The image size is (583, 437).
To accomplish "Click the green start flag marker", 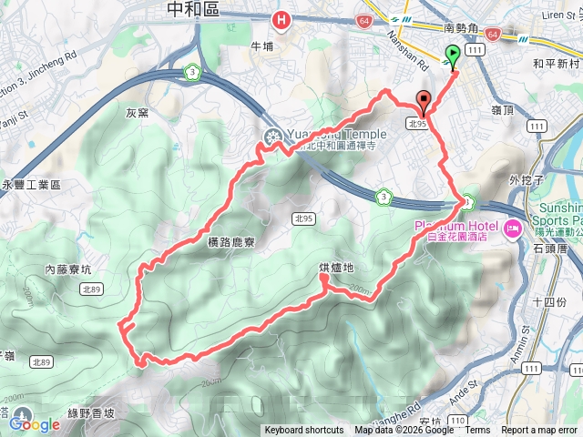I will pyautogui.click(x=453, y=56).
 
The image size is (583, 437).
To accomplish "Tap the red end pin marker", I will pyautogui.click(x=423, y=102).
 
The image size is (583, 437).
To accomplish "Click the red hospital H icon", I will pyautogui.click(x=282, y=18).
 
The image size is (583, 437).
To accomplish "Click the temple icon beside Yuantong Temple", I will pyautogui.click(x=271, y=137).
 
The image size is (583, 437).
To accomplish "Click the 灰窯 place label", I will pyautogui.click(x=138, y=114).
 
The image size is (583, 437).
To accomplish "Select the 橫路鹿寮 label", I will pyautogui.click(x=222, y=244).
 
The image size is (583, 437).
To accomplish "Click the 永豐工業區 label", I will pyautogui.click(x=31, y=185).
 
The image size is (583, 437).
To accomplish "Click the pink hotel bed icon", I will pyautogui.click(x=512, y=226).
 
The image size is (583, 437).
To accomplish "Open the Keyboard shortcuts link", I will pyautogui.click(x=304, y=431).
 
